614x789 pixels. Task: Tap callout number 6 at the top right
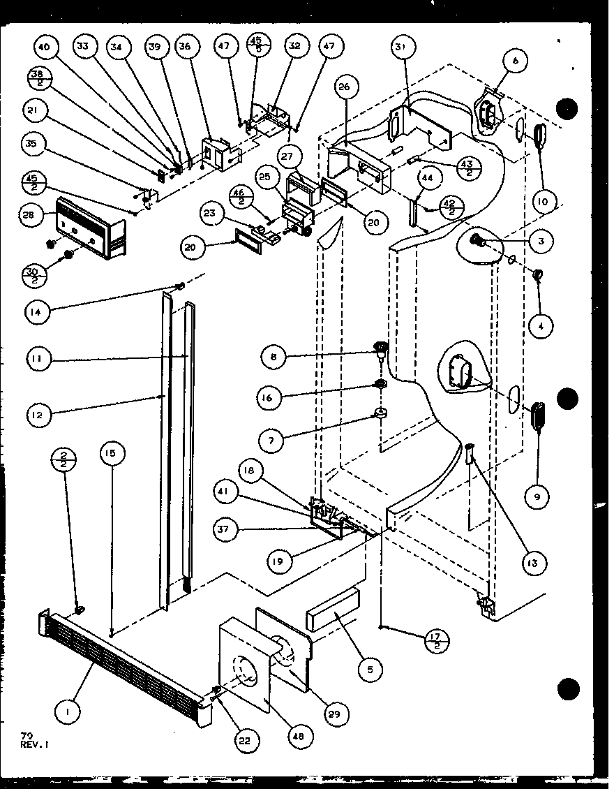click(x=515, y=61)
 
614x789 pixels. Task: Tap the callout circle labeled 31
click(x=399, y=47)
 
